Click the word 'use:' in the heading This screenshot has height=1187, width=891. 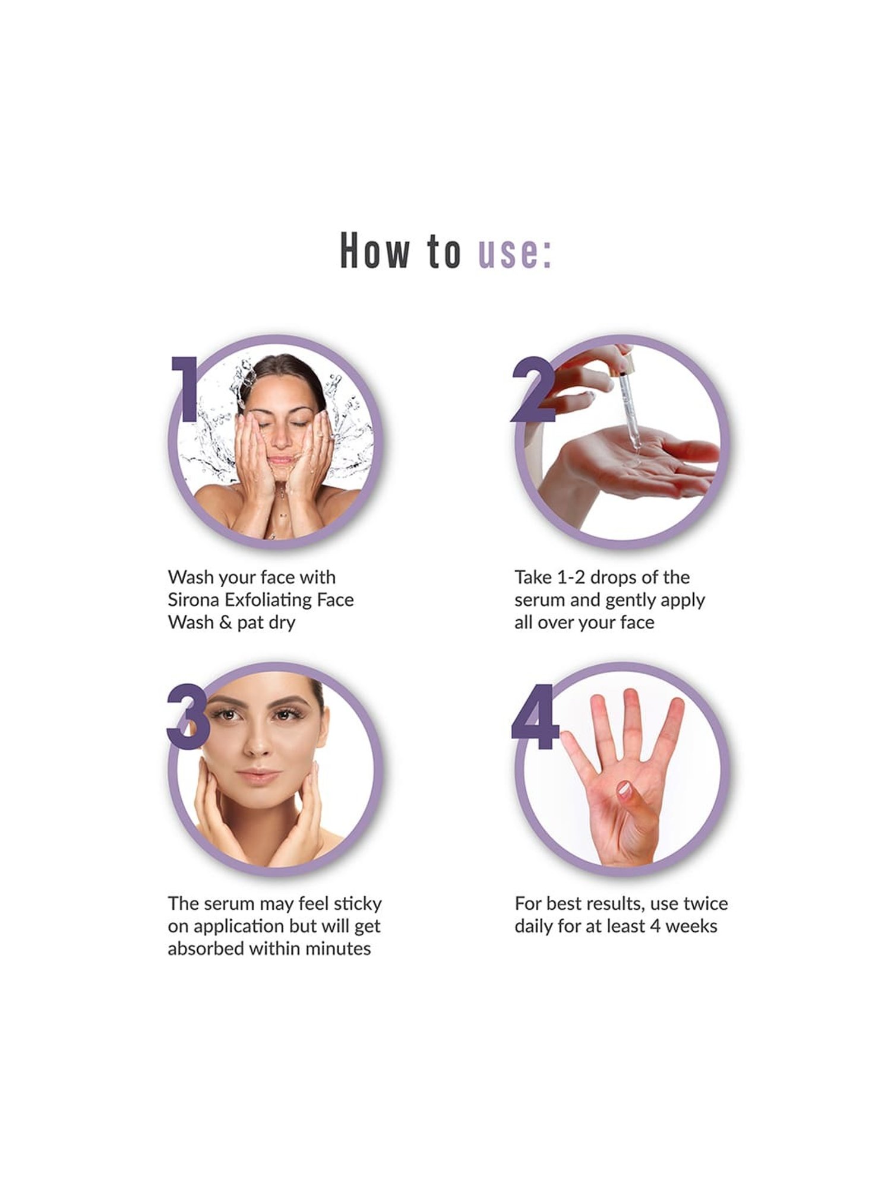(514, 252)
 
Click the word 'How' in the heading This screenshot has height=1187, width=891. (375, 252)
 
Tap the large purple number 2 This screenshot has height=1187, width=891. (532, 391)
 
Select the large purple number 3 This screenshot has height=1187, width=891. (188, 716)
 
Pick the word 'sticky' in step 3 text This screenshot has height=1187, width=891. (357, 904)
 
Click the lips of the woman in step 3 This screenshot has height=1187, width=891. (258, 775)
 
